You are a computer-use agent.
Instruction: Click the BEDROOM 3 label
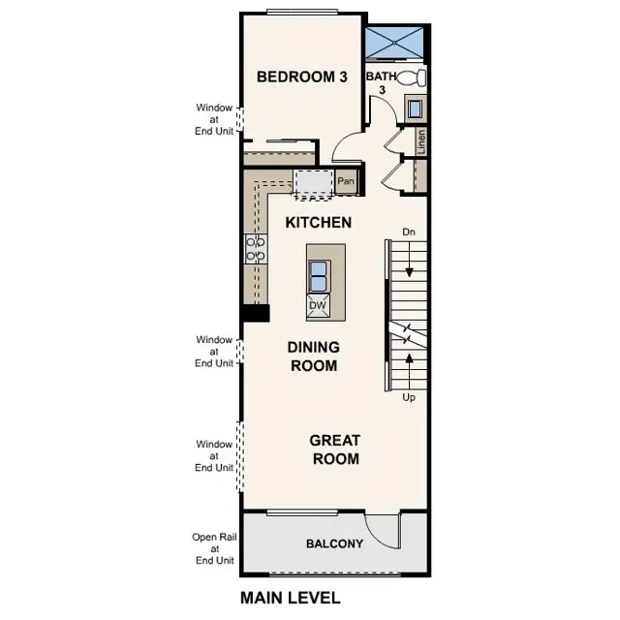point(301,77)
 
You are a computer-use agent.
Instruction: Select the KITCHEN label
point(318,223)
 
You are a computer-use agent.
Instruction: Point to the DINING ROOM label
point(313,356)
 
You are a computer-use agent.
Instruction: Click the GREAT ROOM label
point(334,449)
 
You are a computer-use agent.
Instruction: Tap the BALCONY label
point(334,543)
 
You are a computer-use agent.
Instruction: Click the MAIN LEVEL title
point(290,598)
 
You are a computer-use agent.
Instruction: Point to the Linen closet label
point(421,140)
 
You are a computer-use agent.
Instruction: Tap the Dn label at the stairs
point(409,232)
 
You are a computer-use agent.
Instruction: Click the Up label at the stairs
point(409,397)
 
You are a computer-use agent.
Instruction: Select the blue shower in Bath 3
point(395,45)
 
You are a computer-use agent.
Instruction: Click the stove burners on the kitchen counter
point(256,249)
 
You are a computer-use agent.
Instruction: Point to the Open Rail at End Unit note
point(214,548)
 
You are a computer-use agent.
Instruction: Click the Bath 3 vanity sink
point(415,108)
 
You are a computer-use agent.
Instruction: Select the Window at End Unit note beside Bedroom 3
point(214,119)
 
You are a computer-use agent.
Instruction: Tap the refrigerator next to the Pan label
point(312,182)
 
